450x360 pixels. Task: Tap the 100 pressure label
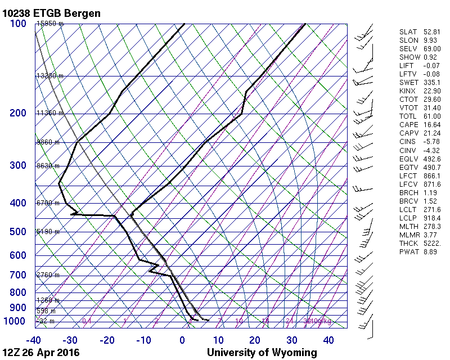[18, 24]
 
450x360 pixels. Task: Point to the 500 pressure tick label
[18, 232]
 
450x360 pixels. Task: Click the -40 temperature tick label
[33, 340]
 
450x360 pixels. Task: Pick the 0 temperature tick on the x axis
[182, 340]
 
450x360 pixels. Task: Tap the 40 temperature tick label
[328, 340]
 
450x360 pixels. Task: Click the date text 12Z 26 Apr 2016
[40, 353]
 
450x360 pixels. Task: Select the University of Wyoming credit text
[262, 353]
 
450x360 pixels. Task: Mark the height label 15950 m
[50, 24]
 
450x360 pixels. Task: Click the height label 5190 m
[48, 232]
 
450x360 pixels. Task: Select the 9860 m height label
[48, 142]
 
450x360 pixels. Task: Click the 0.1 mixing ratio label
[87, 321]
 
